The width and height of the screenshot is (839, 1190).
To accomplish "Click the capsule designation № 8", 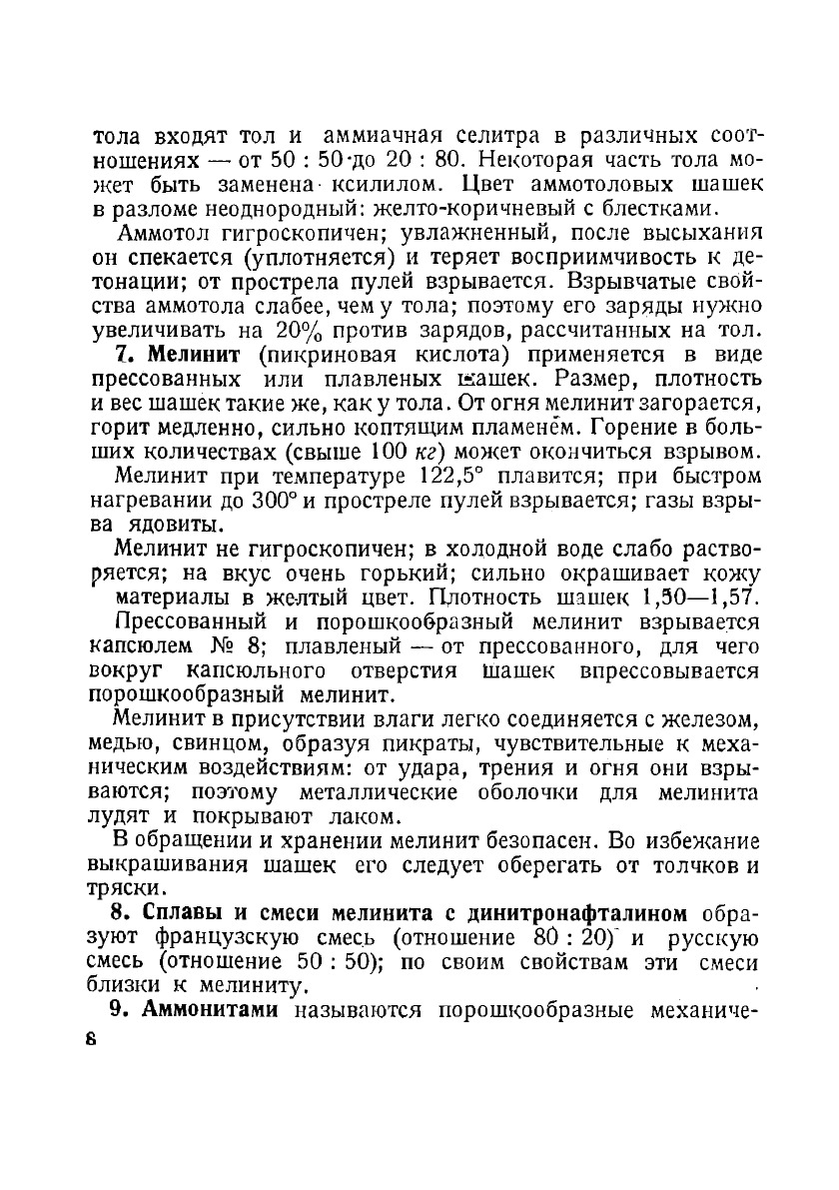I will pyautogui.click(x=227, y=645).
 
